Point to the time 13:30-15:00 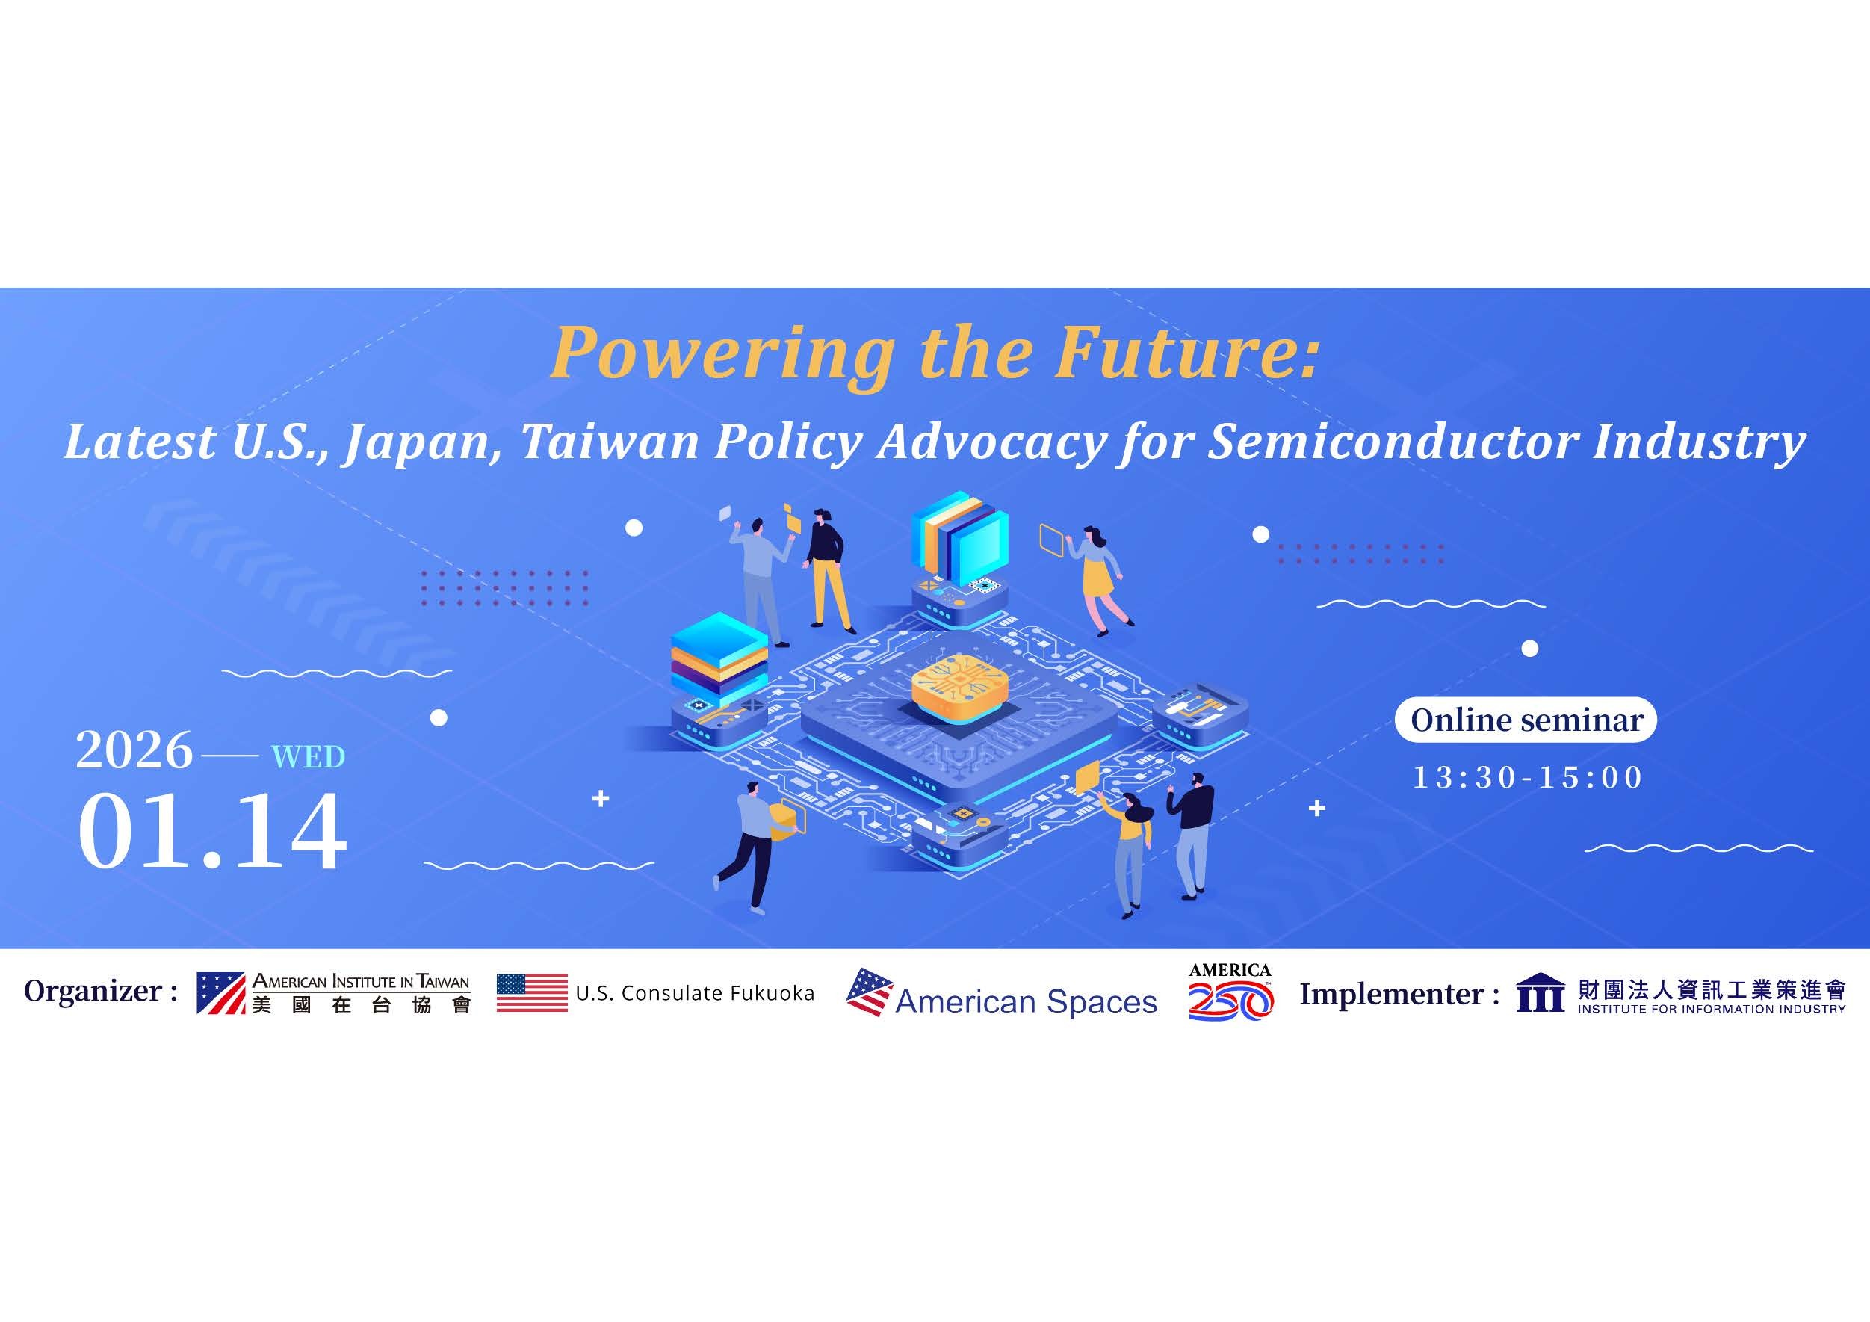(1528, 777)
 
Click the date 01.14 (211, 832)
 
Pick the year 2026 (134, 750)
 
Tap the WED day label (308, 758)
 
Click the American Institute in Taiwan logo (334, 993)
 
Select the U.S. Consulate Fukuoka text (695, 994)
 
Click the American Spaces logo (1002, 994)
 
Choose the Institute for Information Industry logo (1681, 994)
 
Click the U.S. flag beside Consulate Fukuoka (532, 993)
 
